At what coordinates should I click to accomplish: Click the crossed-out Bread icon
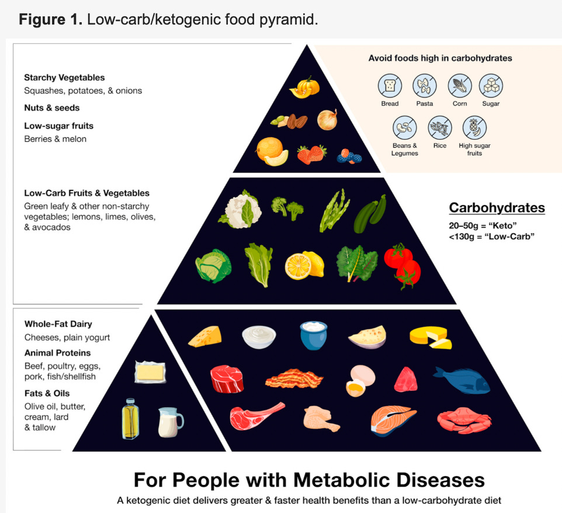(x=390, y=86)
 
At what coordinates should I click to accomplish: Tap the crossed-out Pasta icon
(x=425, y=86)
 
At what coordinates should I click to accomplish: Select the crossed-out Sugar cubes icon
(x=491, y=86)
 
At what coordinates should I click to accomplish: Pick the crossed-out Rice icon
(x=440, y=127)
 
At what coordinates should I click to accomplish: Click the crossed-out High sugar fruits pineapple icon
(x=474, y=127)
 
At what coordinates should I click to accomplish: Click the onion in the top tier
(x=327, y=120)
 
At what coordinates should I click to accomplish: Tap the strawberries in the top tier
(x=312, y=154)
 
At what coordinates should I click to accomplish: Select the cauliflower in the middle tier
(x=240, y=209)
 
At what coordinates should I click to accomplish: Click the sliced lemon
(x=304, y=265)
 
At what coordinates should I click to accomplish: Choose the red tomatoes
(x=403, y=265)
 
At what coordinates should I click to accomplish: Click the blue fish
(x=462, y=380)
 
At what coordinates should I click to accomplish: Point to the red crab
(x=464, y=421)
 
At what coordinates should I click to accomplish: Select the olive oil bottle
(x=130, y=418)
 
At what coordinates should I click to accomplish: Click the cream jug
(x=170, y=422)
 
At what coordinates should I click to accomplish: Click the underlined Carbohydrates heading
(x=497, y=208)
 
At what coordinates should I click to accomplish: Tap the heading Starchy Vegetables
(x=64, y=78)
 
